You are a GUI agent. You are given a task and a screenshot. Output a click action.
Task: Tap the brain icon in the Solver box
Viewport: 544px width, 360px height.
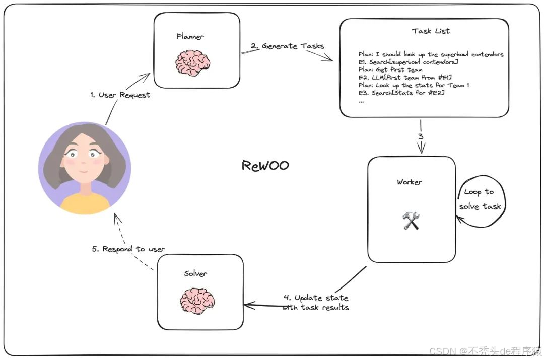[x=197, y=301]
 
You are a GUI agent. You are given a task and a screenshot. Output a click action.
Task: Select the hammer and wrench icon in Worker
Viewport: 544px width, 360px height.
[x=411, y=221]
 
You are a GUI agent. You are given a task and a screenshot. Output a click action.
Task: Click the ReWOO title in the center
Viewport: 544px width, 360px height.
[x=265, y=166]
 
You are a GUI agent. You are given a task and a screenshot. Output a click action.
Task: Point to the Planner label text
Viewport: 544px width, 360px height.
[x=190, y=36]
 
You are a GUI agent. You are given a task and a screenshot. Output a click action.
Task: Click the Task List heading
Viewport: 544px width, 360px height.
[x=431, y=31]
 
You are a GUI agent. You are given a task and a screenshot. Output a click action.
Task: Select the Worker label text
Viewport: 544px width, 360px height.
[x=410, y=182]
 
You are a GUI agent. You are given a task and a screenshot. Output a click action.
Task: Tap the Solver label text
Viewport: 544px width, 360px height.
[x=195, y=273]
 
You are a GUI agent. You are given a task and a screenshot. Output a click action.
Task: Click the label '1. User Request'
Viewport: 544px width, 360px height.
[x=120, y=95]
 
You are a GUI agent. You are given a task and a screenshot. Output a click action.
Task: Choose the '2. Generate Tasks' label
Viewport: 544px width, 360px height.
[x=287, y=46]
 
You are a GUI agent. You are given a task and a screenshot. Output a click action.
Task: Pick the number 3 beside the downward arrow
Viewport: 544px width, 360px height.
[x=420, y=136]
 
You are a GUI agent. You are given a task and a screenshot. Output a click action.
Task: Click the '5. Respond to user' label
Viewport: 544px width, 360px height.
[x=129, y=249]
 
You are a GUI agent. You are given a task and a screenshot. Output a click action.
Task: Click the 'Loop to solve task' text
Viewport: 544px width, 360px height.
[x=480, y=199]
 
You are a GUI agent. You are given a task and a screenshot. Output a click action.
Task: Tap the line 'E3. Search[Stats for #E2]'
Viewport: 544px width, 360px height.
[x=401, y=93]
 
